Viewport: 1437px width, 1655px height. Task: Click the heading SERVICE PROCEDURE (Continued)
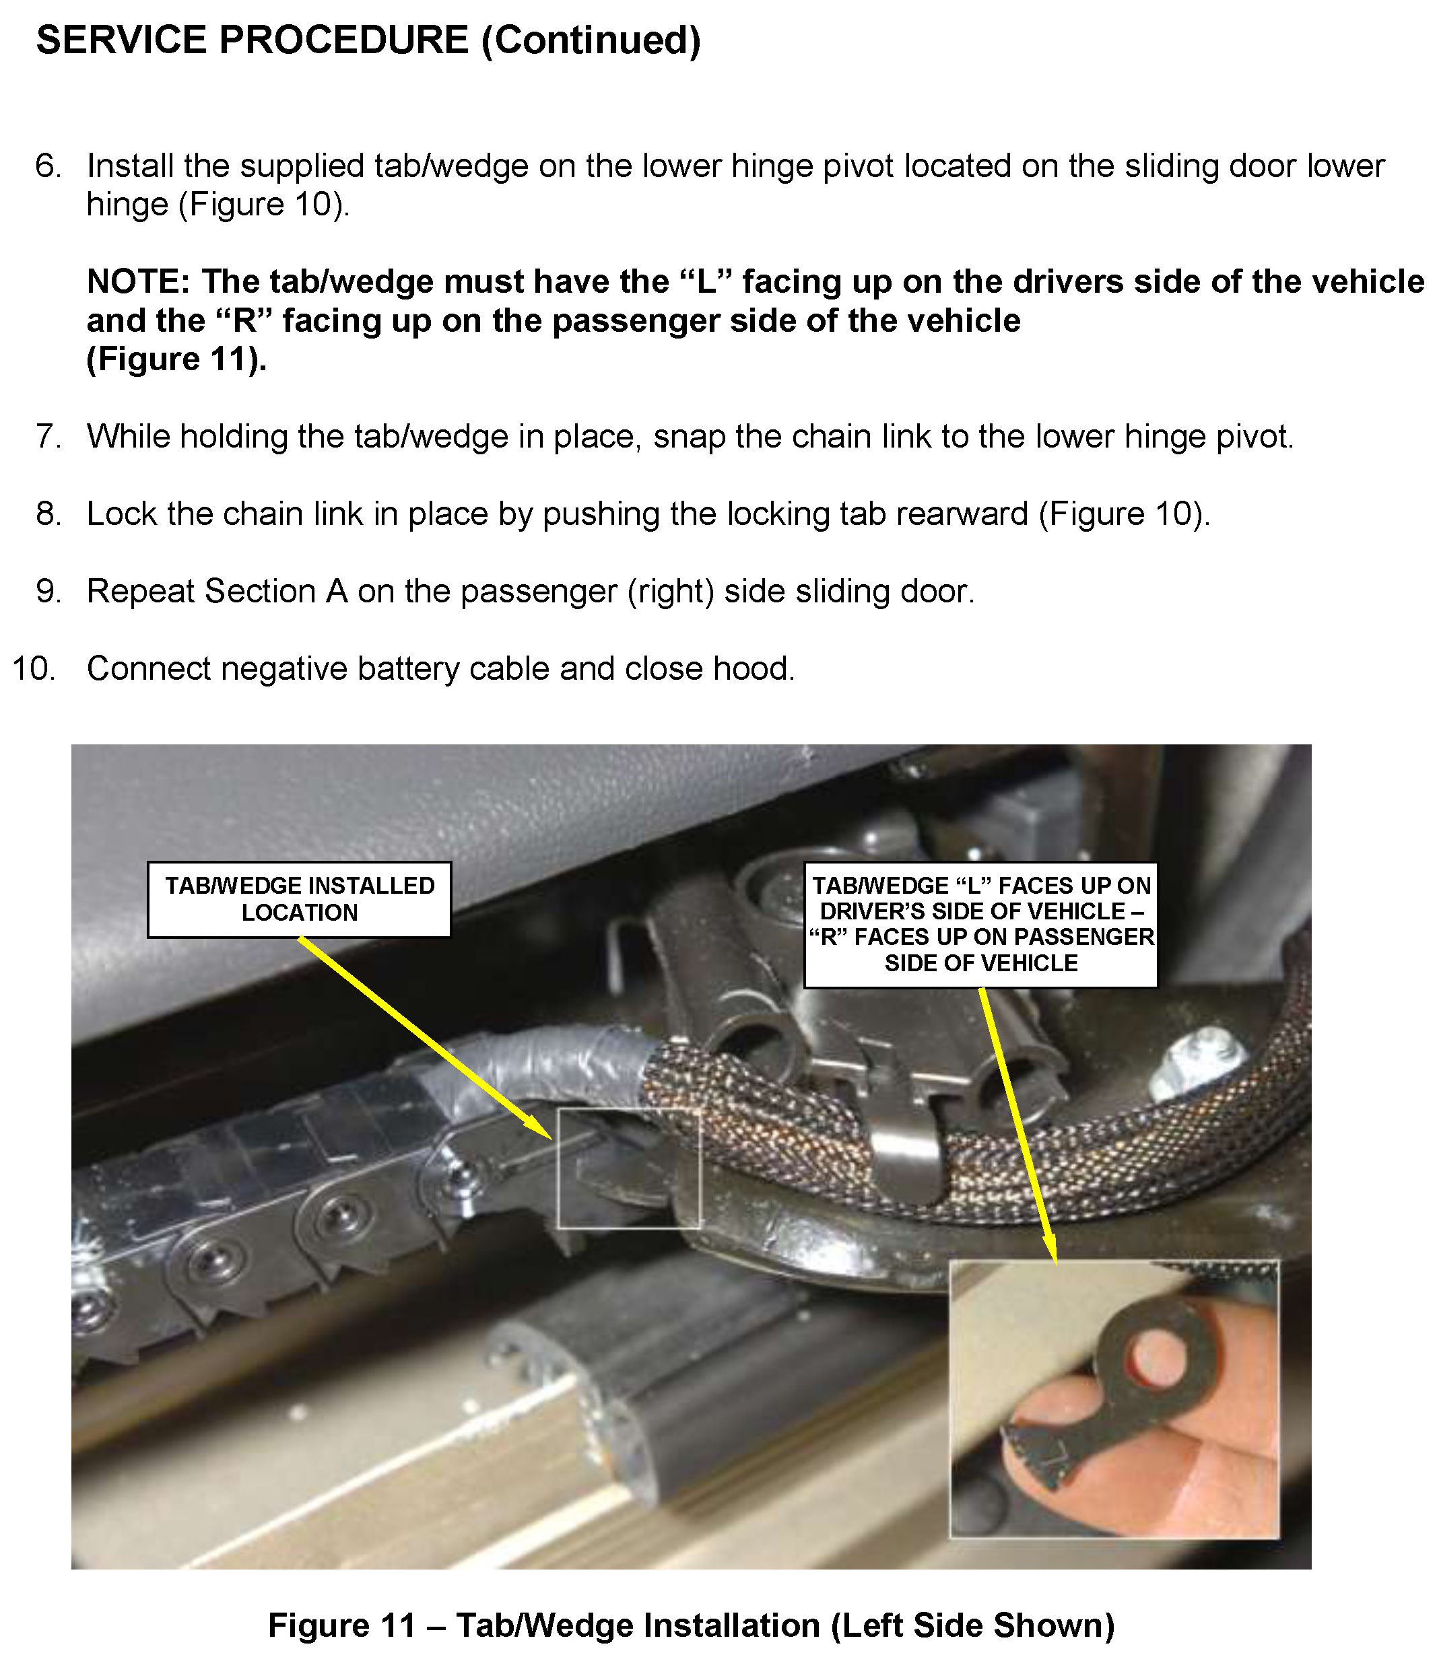(x=369, y=41)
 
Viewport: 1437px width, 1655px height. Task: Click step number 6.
(x=48, y=166)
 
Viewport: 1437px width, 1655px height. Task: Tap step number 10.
(x=34, y=668)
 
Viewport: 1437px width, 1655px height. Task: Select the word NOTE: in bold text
(x=138, y=281)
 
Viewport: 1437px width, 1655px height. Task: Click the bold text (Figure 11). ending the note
(x=176, y=359)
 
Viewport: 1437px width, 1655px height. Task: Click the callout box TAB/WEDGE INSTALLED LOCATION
(x=299, y=899)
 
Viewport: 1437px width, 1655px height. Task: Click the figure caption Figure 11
(x=692, y=1625)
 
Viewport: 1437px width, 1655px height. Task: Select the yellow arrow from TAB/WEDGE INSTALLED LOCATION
(x=425, y=1037)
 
